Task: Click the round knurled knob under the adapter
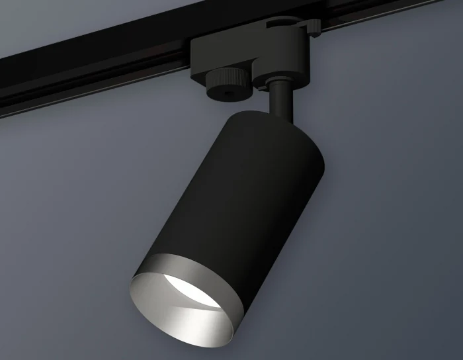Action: point(228,85)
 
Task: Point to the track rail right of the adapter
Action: point(390,13)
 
